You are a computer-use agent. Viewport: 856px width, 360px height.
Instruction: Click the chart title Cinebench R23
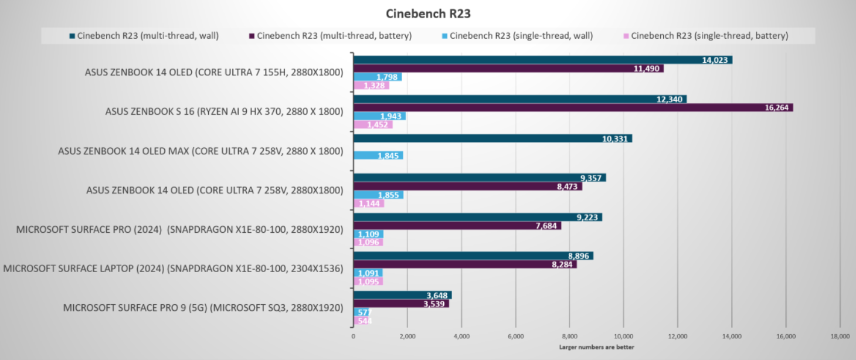coord(428,13)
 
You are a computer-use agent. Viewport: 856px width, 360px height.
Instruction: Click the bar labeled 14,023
coord(542,60)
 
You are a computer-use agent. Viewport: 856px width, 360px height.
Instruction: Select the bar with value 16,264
coord(572,108)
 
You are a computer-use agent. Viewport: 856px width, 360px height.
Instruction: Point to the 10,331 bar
coord(492,138)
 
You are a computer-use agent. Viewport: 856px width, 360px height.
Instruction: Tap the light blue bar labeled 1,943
coord(379,116)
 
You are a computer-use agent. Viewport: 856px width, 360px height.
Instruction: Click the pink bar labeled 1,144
coord(368,203)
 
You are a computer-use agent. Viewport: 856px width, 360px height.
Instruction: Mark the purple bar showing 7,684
coord(457,226)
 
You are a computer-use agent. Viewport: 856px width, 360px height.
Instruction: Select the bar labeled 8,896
coord(473,256)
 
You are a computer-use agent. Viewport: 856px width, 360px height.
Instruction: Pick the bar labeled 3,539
coord(400,304)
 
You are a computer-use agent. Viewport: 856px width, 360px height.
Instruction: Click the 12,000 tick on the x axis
coord(677,336)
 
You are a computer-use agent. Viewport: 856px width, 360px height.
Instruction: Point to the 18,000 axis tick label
coord(840,336)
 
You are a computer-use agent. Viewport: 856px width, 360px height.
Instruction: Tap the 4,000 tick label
coord(461,336)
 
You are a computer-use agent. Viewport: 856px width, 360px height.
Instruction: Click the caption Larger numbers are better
coord(596,347)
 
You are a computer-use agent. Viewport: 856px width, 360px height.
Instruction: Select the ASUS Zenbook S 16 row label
coord(224,111)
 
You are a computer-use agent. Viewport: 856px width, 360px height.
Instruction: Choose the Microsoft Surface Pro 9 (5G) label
coord(203,307)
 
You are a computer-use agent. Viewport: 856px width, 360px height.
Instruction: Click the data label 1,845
coord(389,155)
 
